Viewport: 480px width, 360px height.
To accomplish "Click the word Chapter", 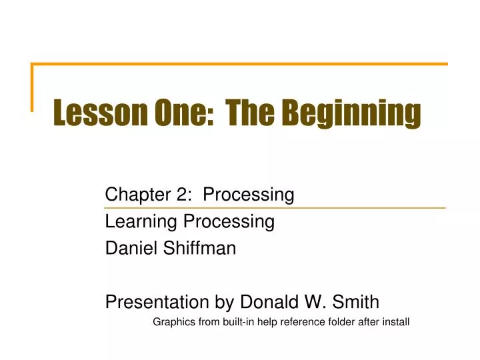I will click(133, 195).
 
